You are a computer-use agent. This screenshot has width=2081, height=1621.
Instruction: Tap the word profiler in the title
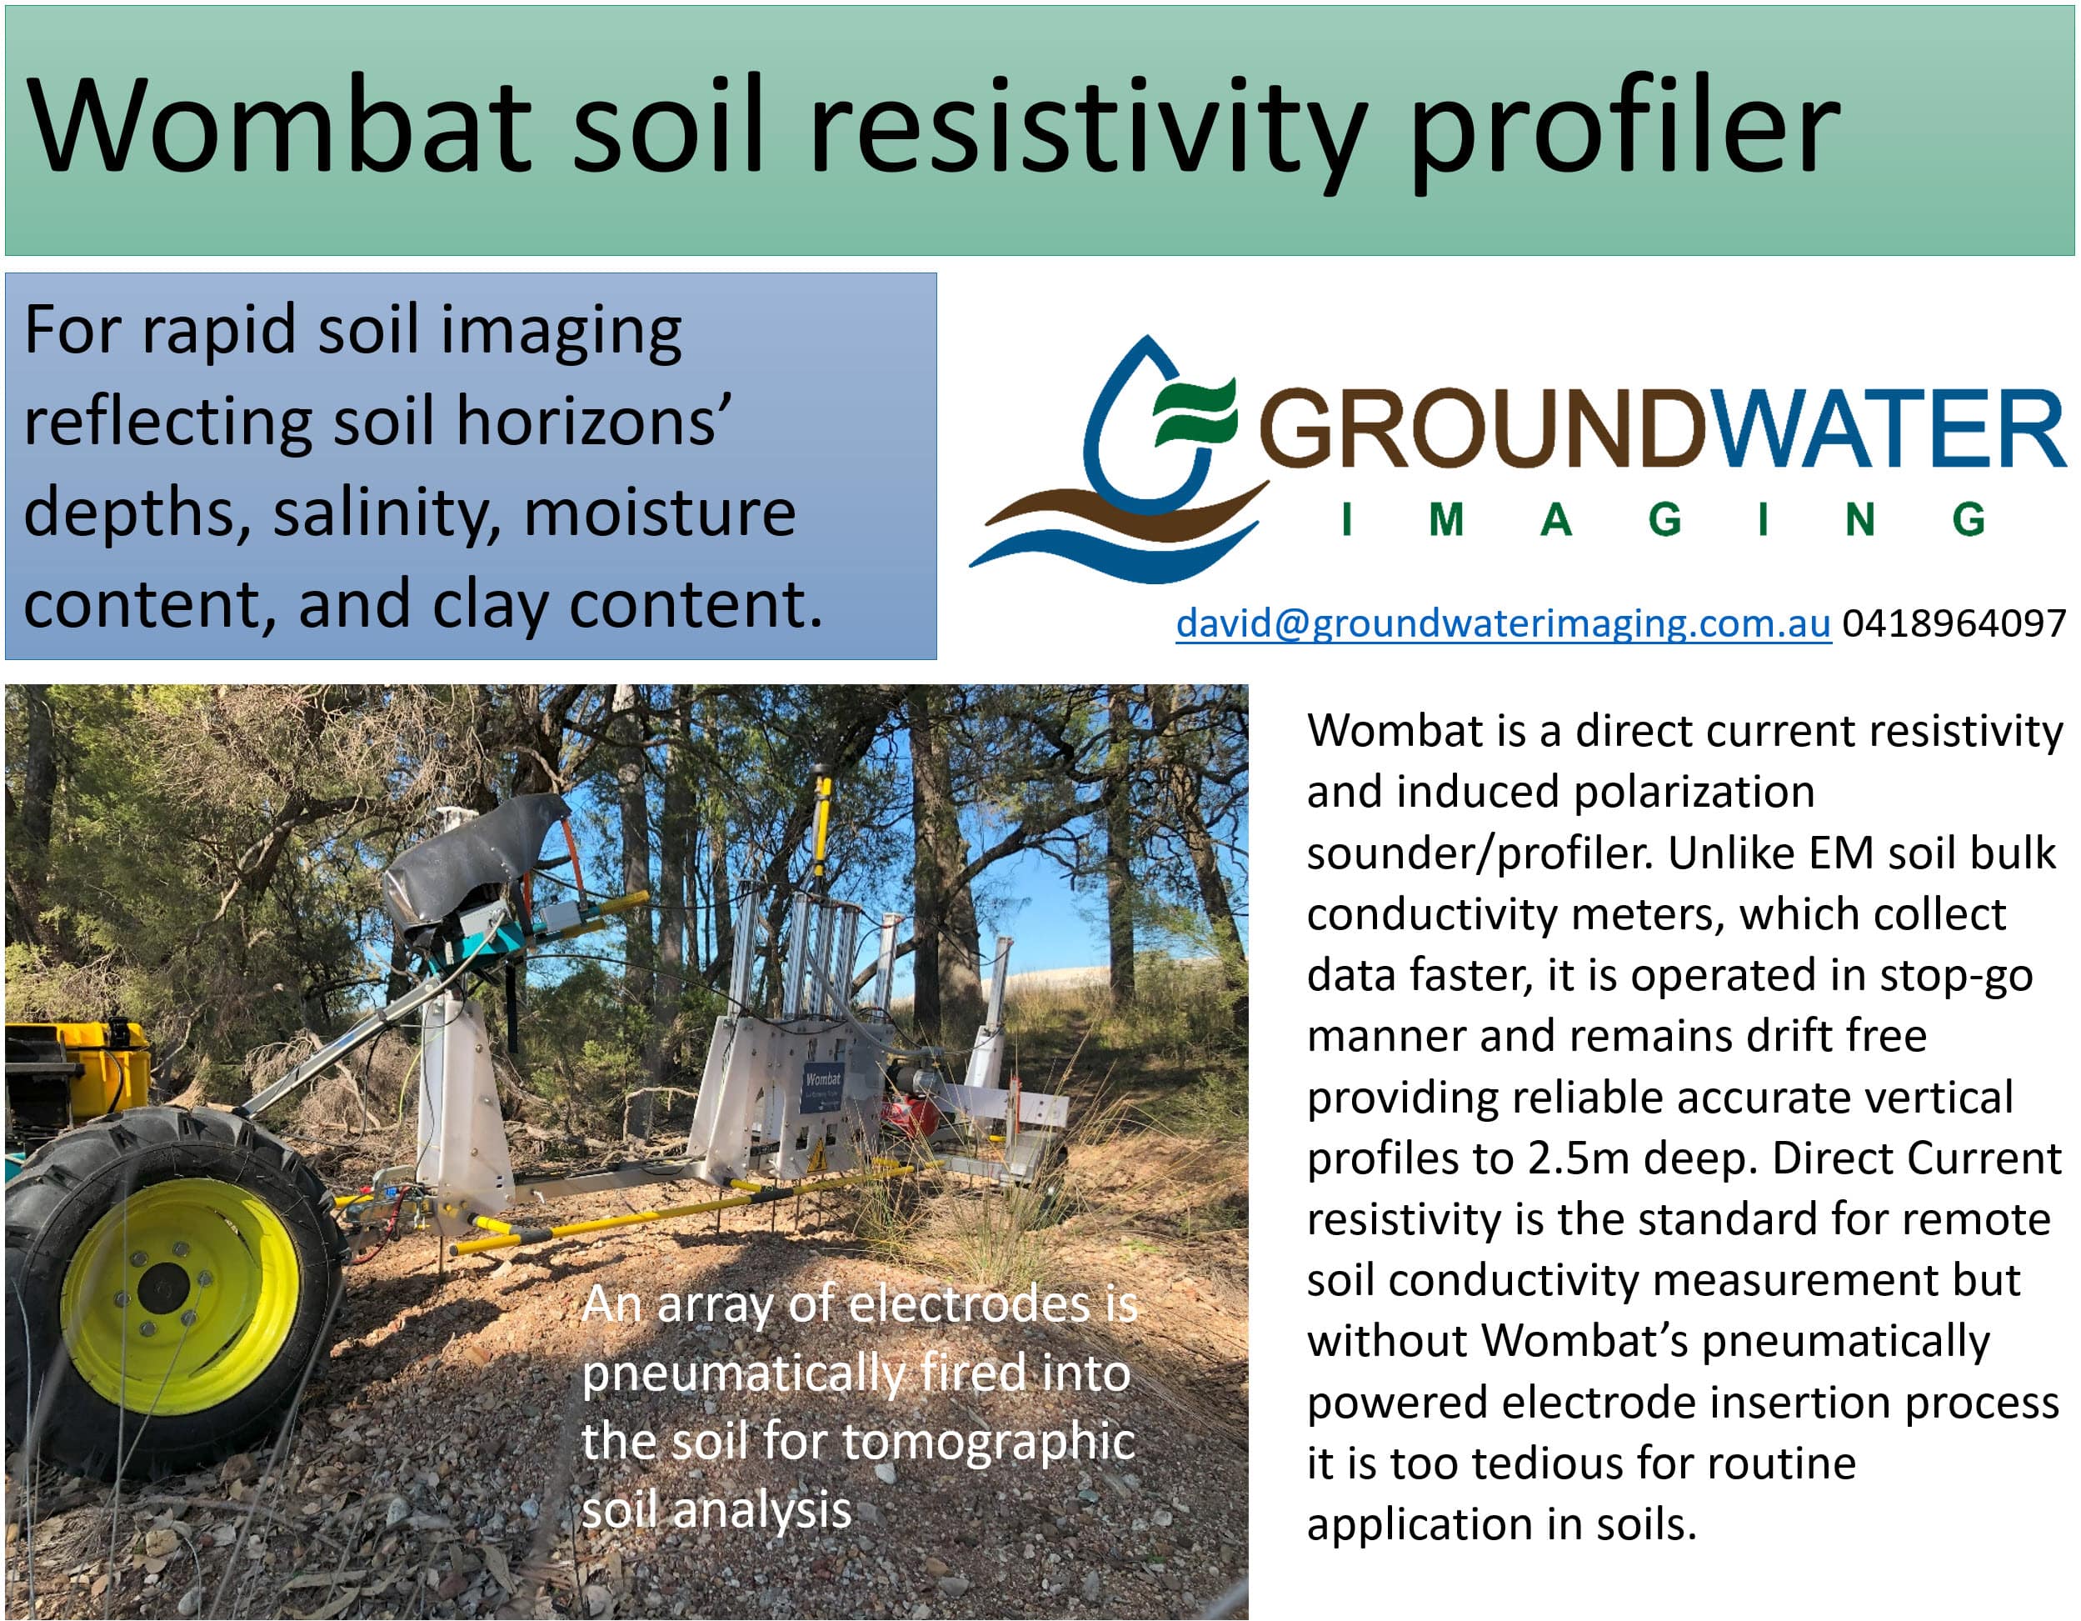(1624, 133)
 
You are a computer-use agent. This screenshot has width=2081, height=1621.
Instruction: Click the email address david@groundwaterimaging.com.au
(1503, 623)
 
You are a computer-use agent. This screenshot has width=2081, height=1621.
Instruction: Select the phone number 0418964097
(1954, 623)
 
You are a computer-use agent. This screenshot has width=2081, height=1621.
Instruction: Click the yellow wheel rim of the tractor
(180, 1295)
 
